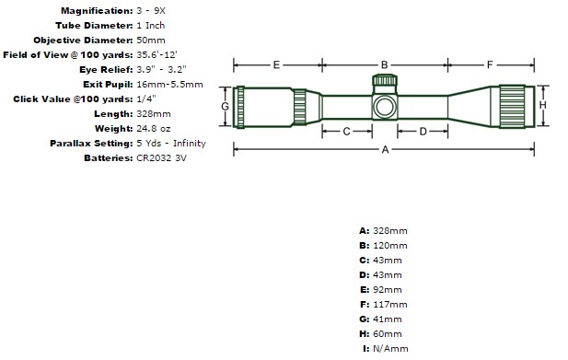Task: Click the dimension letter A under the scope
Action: [x=385, y=149]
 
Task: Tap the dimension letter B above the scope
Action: [x=384, y=64]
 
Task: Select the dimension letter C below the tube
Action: [x=346, y=131]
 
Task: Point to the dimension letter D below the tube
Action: [x=423, y=132]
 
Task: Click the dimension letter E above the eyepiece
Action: [x=276, y=64]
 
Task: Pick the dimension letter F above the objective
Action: [x=490, y=64]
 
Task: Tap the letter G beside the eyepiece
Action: [x=225, y=107]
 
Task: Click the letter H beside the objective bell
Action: [x=542, y=105]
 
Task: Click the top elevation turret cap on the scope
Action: [x=385, y=80]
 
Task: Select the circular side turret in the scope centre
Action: [x=385, y=107]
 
